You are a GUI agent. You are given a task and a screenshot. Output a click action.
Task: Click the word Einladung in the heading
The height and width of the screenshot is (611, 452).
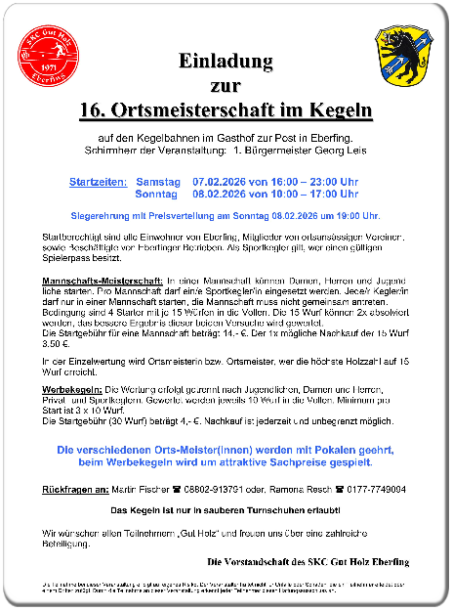click(x=226, y=62)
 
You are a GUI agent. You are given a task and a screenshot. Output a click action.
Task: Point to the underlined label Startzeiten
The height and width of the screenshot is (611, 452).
click(x=98, y=183)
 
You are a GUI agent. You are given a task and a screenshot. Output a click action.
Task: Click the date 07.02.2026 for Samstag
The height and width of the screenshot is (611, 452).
click(x=221, y=183)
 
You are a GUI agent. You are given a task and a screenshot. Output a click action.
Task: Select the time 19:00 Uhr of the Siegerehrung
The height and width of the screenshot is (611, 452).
click(x=357, y=214)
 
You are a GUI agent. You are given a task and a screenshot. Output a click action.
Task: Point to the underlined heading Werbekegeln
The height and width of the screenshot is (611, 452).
click(x=78, y=389)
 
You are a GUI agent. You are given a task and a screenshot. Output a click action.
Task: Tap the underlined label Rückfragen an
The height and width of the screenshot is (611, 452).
click(x=74, y=489)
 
